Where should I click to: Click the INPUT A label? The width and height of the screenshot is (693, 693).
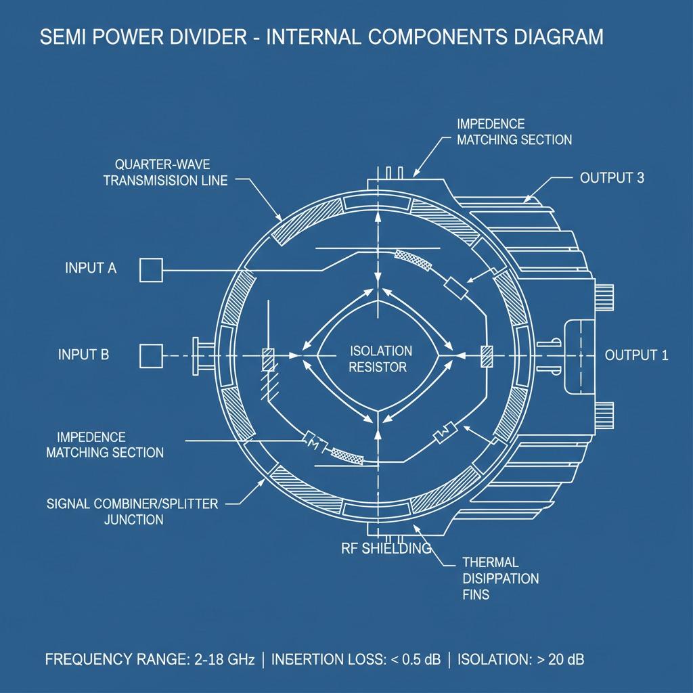coord(91,268)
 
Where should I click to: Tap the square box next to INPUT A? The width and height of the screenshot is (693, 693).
coord(151,269)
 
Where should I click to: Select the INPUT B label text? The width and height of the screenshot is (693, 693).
coord(84,354)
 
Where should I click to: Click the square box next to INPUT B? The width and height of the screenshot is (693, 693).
coord(151,355)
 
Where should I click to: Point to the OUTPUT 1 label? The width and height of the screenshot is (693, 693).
coord(636,355)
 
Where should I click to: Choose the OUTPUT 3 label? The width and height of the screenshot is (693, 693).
coord(612,178)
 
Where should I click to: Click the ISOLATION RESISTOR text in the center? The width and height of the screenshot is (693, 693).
coord(380,359)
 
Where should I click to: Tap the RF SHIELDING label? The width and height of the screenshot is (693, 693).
coord(386,548)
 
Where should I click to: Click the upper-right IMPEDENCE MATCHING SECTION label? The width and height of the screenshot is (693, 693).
coord(514,132)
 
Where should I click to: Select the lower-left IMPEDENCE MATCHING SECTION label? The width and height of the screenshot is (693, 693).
coord(105,445)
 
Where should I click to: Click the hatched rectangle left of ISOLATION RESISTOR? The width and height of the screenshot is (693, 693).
coord(267,359)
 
